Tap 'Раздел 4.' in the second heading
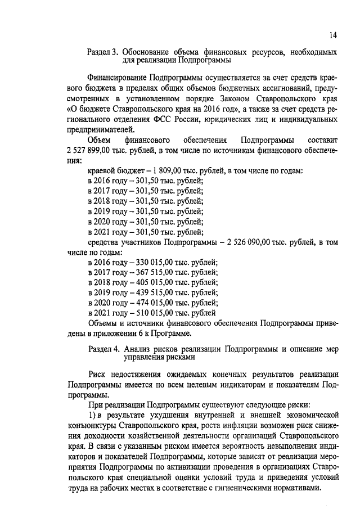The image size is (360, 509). tap(103, 349)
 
